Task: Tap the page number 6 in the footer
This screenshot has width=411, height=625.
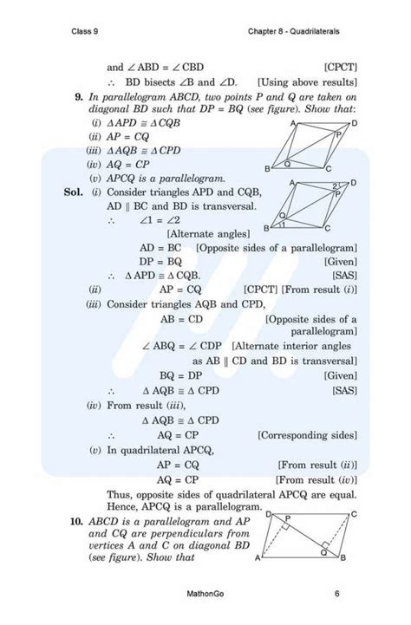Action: (x=336, y=595)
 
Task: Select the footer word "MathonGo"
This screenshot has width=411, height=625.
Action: (x=205, y=595)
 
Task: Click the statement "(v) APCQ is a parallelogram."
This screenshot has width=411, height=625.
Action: (x=148, y=176)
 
